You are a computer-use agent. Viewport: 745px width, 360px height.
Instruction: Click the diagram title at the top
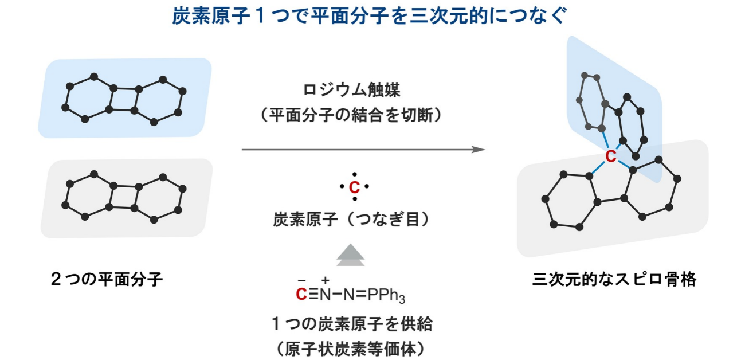369,15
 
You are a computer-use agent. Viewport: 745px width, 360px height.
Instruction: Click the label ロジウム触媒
351,90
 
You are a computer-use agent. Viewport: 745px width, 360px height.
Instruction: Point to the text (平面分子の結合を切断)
351,115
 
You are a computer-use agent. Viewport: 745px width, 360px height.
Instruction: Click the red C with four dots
354,187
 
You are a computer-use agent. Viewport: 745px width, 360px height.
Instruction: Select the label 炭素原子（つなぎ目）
351,219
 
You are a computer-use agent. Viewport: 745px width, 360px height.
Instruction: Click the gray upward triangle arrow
351,255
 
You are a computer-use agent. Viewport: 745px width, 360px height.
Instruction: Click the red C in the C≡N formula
301,295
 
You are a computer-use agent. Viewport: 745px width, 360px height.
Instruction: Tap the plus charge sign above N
326,280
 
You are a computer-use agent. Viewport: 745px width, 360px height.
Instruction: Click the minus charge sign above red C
301,281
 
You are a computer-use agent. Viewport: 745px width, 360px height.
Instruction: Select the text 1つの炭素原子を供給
352,324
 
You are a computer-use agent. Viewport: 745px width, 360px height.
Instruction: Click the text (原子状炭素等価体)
351,349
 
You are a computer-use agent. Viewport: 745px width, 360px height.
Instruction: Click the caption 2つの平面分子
107,279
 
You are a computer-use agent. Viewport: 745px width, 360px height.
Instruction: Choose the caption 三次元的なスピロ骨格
614,279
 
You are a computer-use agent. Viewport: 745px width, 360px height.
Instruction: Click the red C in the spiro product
611,156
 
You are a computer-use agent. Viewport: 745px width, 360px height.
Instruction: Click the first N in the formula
326,295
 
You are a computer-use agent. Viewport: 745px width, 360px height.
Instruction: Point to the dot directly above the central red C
355,174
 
